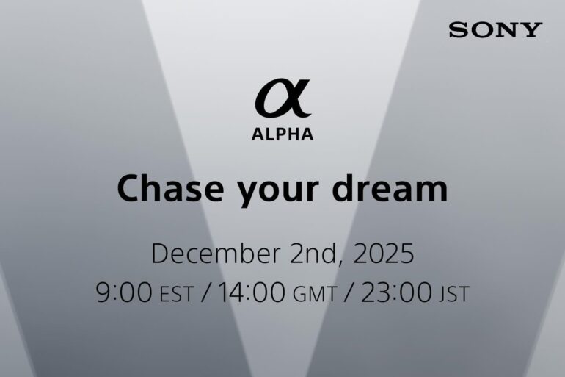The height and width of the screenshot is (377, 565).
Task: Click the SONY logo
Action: click(495, 30)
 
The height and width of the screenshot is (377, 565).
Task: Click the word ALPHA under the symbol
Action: click(282, 134)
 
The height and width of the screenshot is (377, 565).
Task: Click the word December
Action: click(214, 254)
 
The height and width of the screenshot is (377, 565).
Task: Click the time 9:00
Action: click(125, 292)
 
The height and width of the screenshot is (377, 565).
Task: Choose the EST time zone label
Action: click(176, 295)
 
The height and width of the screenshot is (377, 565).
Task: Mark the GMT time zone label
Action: click(316, 295)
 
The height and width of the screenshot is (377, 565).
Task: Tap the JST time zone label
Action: click(453, 295)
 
